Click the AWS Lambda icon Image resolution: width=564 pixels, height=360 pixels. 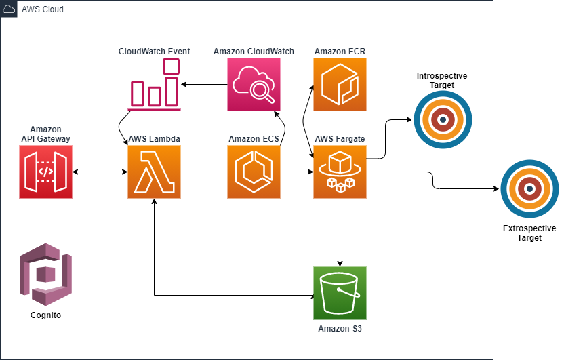pyautogui.click(x=154, y=172)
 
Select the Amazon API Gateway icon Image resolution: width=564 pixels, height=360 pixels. pyautogui.click(x=45, y=172)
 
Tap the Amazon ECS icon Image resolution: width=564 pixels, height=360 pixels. pyautogui.click(x=254, y=172)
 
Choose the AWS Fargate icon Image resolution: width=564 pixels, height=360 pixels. pyautogui.click(x=340, y=172)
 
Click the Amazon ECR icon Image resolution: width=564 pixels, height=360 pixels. pyautogui.click(x=340, y=84)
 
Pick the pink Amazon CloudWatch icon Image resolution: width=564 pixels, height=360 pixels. pyautogui.click(x=254, y=84)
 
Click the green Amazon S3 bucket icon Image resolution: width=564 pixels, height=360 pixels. pyautogui.click(x=340, y=293)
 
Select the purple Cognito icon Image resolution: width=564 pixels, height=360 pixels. pyautogui.click(x=45, y=275)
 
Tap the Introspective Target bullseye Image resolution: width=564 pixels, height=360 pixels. pyautogui.click(x=442, y=120)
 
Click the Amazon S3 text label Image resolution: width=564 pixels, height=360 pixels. pyautogui.click(x=340, y=329)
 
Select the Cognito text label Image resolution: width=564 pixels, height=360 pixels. pyautogui.click(x=46, y=315)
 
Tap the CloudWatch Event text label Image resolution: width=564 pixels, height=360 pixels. pyautogui.click(x=154, y=52)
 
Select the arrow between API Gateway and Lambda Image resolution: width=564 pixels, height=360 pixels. pyautogui.click(x=100, y=172)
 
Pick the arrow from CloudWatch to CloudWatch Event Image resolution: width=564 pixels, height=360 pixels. pyautogui.click(x=203, y=84)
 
